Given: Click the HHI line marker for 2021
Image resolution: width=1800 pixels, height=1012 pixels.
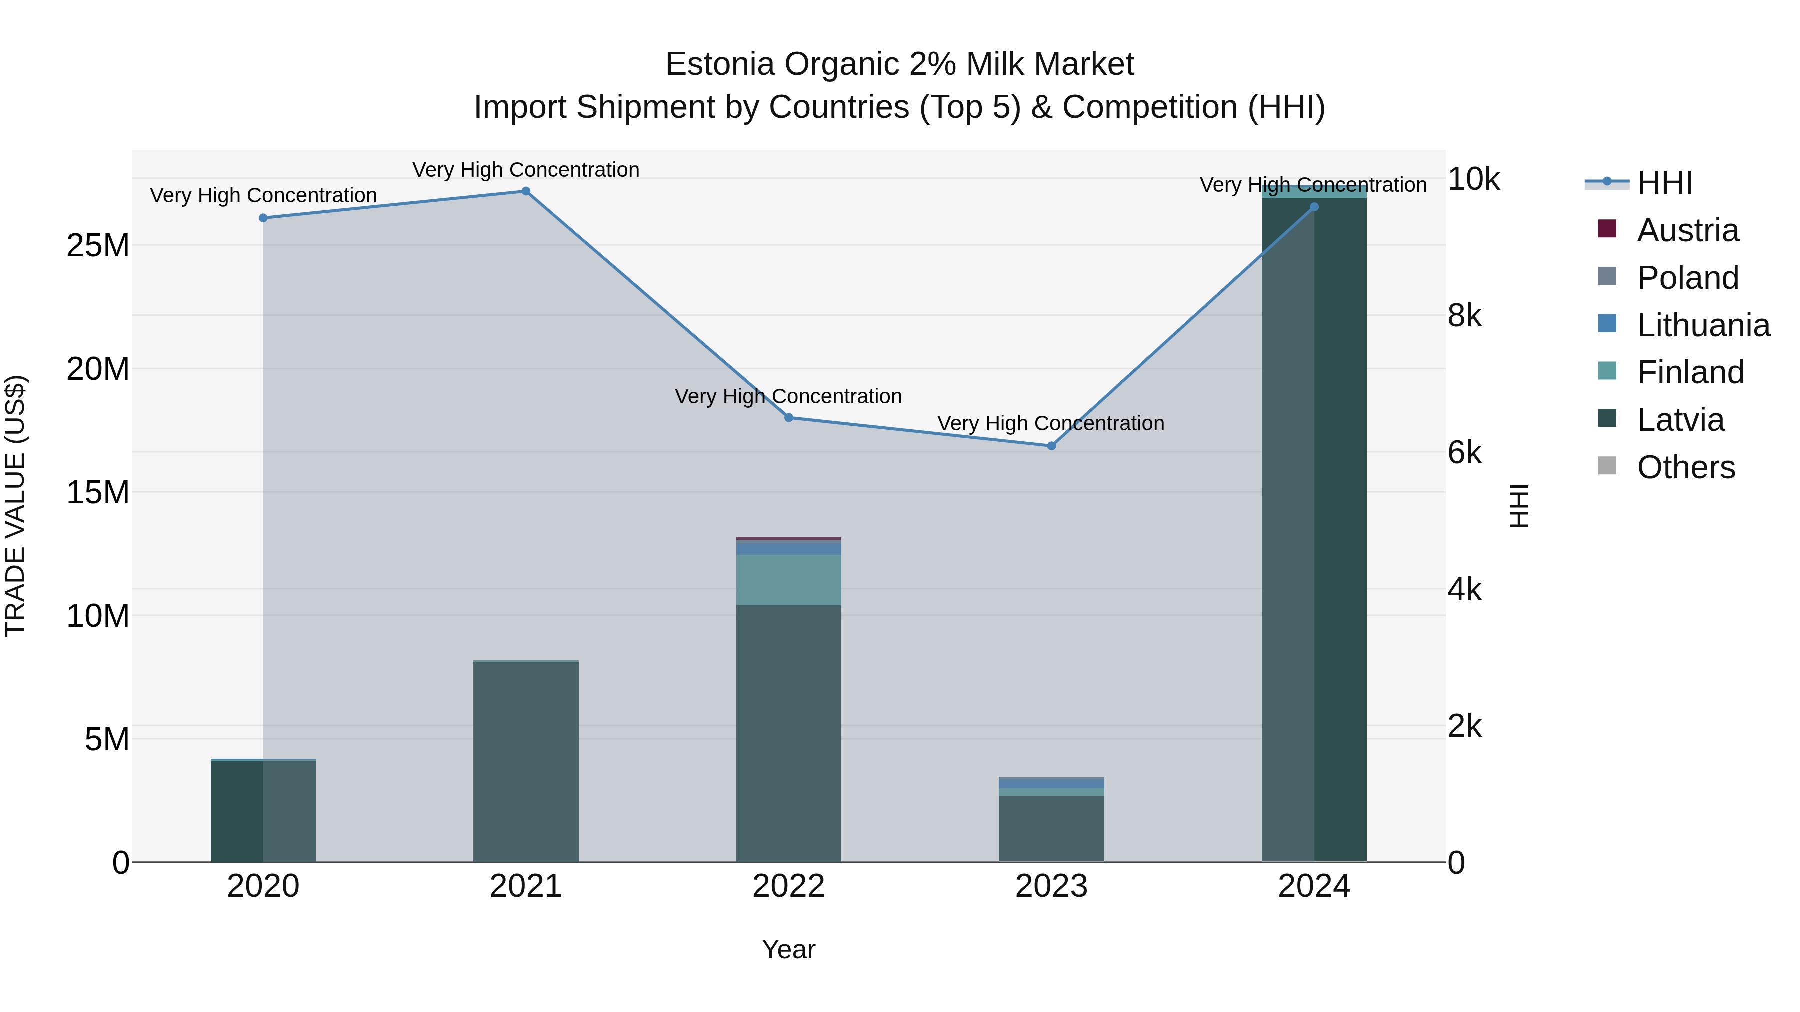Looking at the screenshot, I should pyautogui.click(x=526, y=191).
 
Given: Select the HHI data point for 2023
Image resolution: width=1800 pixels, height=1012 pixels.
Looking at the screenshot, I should pyautogui.click(x=1051, y=446).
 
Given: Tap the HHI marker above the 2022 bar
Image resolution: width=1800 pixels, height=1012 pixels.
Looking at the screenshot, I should pyautogui.click(x=789, y=418).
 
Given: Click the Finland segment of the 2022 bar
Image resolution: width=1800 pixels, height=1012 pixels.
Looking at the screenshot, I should pyautogui.click(x=789, y=580).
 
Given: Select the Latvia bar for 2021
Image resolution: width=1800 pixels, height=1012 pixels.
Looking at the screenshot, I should pyautogui.click(x=526, y=761).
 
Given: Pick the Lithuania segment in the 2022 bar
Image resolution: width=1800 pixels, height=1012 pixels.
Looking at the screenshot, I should pyautogui.click(x=789, y=548).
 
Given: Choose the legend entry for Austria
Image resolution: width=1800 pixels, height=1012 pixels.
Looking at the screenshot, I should pyautogui.click(x=1687, y=230).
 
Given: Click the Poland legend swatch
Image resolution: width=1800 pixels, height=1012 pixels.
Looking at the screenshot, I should pyautogui.click(x=1607, y=276).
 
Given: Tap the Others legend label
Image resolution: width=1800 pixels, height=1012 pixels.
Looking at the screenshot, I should pyautogui.click(x=1686, y=467).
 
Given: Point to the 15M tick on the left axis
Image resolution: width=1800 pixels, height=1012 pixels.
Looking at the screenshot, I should pyautogui.click(x=98, y=492).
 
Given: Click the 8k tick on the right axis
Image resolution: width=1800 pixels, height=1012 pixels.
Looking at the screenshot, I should pyautogui.click(x=1464, y=316).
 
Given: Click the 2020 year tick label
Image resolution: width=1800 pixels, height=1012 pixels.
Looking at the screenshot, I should pyautogui.click(x=263, y=886).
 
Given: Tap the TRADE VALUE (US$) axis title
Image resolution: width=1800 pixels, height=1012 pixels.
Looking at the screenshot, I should pyautogui.click(x=15, y=506).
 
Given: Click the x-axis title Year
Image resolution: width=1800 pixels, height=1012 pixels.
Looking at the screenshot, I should pyautogui.click(x=789, y=949).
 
